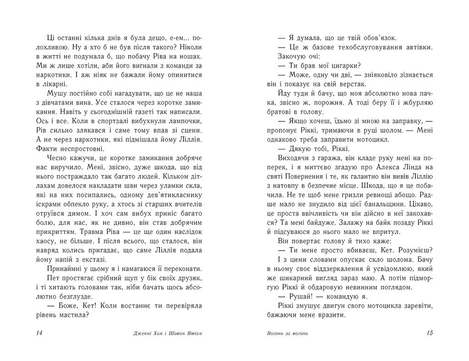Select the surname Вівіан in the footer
coord(193,334)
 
